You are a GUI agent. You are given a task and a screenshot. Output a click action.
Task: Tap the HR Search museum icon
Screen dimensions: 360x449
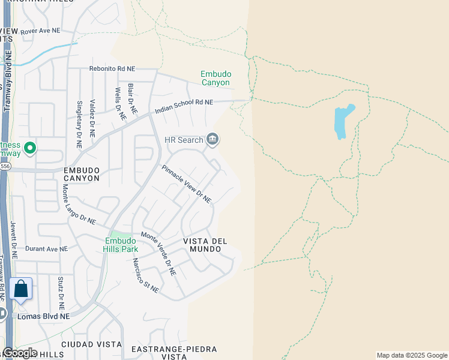[212, 140]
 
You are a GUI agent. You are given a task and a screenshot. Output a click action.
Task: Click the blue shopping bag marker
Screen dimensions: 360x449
[21, 289]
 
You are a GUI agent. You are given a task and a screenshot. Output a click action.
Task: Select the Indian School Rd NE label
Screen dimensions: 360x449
[184, 107]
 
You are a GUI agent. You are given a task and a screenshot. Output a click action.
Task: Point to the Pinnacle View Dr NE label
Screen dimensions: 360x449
[186, 184]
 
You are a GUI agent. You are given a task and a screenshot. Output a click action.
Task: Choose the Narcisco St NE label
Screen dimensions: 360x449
[146, 275]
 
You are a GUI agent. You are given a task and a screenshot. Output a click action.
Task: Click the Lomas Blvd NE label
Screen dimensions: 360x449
[44, 316]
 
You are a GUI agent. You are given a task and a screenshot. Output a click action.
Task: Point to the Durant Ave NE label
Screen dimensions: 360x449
[42, 248]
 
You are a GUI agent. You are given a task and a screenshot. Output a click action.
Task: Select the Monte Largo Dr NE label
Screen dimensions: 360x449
[79, 204]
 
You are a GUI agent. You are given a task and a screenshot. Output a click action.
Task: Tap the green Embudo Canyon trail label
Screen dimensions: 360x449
[215, 78]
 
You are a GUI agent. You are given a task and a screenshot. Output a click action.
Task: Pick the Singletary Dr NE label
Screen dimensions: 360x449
[79, 124]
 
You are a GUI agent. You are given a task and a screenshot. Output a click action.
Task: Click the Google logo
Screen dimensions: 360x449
[21, 353]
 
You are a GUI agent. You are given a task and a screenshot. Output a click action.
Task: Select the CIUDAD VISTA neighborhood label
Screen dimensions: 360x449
[83, 344]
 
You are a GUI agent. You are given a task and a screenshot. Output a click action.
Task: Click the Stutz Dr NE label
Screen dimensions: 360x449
[61, 289]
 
